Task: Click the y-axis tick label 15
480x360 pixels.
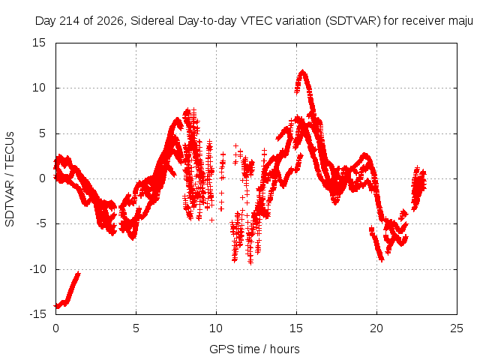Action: point(39,43)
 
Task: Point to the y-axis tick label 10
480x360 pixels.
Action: point(39,88)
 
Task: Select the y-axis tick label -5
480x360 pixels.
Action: point(41,223)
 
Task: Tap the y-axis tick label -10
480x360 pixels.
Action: point(37,269)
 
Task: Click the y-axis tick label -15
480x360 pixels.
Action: point(37,314)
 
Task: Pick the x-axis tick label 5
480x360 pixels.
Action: point(136,328)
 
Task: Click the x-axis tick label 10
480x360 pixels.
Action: point(216,328)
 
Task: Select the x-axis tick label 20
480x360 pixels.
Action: point(376,328)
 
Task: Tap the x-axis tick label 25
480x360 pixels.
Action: point(457,328)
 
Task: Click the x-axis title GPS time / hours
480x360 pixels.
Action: point(254,349)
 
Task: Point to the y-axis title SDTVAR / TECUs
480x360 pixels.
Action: point(10,179)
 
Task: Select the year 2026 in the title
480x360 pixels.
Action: point(110,21)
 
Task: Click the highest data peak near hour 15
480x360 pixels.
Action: point(303,72)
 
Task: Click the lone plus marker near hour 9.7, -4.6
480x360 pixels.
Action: point(211,220)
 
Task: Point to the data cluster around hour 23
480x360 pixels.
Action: point(418,188)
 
